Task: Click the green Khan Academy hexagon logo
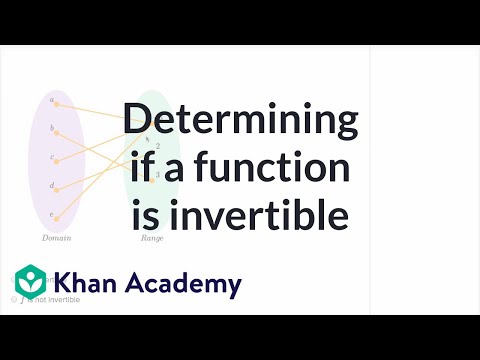[x=33, y=284]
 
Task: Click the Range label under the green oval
[x=151, y=239]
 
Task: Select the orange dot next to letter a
[x=57, y=102]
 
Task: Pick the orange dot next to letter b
[x=57, y=131]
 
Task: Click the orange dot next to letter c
[x=57, y=160]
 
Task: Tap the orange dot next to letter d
[x=57, y=188]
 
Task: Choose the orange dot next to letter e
[x=57, y=217]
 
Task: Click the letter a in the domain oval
[x=50, y=101]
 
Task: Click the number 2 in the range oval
[x=157, y=146]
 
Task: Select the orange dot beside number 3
[x=149, y=175]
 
